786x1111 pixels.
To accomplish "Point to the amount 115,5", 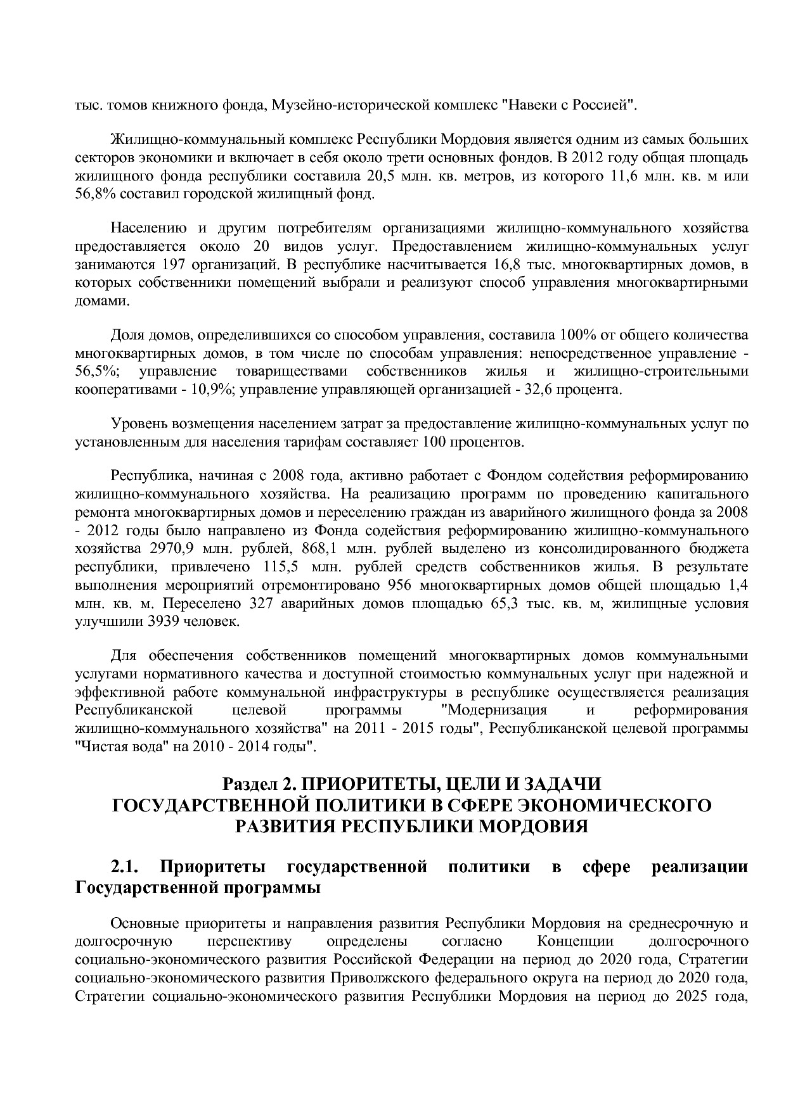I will [x=277, y=566].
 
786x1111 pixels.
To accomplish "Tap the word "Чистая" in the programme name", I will [x=99, y=746].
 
